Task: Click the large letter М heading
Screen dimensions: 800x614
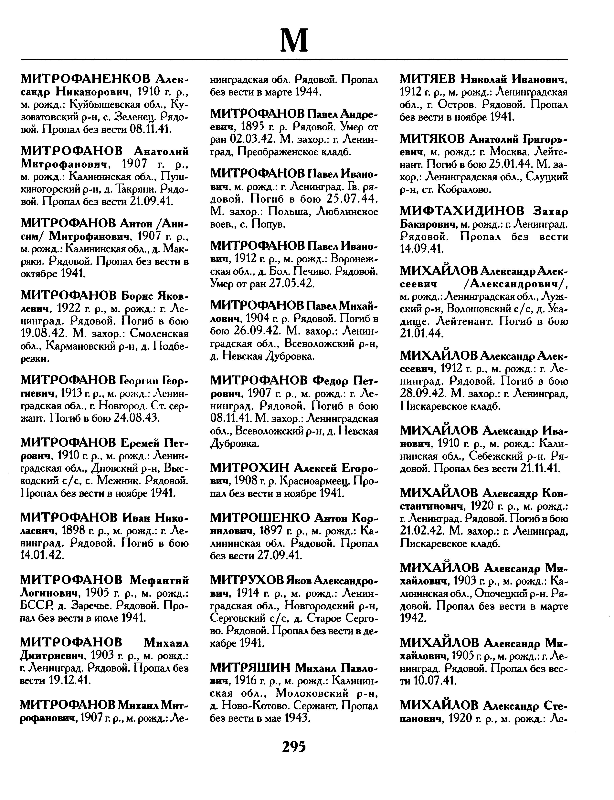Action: tap(294, 40)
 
